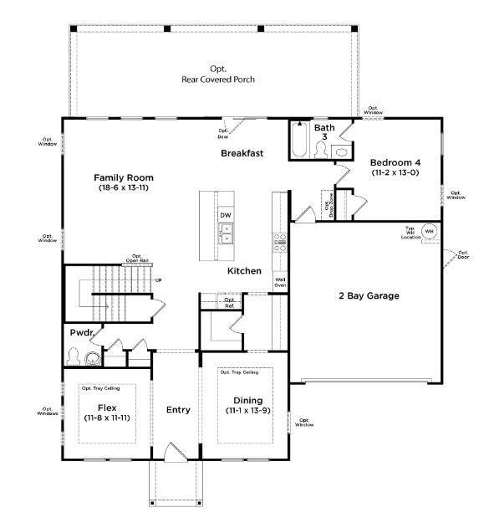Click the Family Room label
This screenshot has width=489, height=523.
(x=123, y=178)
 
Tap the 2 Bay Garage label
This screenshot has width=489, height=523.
(x=369, y=295)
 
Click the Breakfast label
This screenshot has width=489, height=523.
(x=242, y=153)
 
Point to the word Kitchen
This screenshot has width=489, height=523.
(x=244, y=271)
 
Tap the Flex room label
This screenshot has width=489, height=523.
(x=105, y=408)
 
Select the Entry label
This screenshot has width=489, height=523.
(x=178, y=409)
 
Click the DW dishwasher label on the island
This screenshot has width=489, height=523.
(x=226, y=215)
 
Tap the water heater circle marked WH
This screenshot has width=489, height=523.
(x=429, y=231)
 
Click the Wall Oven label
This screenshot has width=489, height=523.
(x=281, y=282)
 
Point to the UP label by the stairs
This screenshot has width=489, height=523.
(x=157, y=279)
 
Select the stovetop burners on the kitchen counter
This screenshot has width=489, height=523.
(x=281, y=243)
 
